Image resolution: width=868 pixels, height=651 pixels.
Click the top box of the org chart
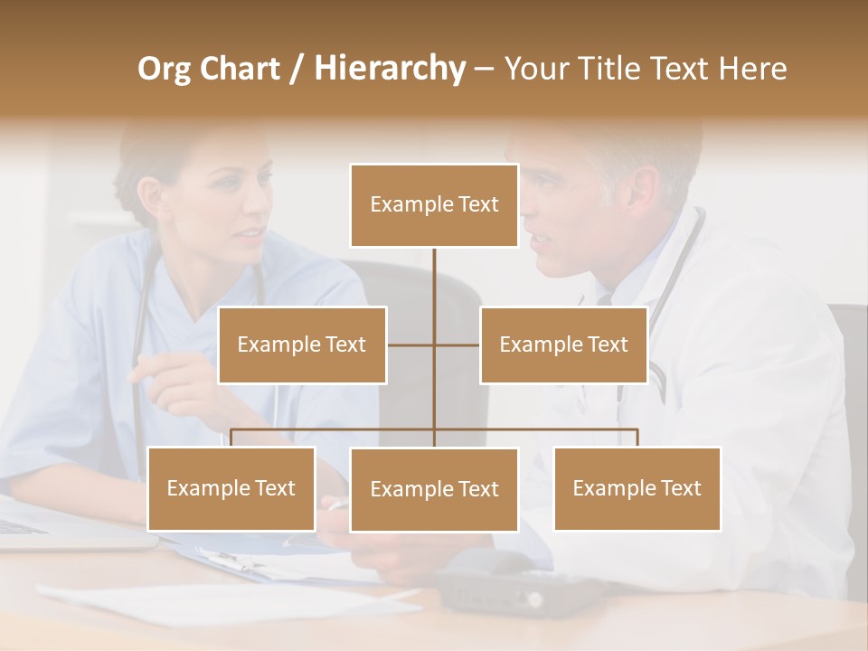(x=434, y=205)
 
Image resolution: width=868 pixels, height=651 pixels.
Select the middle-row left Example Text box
(x=302, y=344)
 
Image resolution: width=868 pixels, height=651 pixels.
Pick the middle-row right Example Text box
(x=563, y=344)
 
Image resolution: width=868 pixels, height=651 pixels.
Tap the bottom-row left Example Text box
(x=231, y=488)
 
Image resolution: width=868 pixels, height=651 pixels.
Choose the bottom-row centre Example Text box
(x=434, y=489)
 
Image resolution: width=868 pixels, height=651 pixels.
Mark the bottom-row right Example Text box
(x=637, y=488)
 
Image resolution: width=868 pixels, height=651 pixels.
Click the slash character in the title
(x=296, y=69)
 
